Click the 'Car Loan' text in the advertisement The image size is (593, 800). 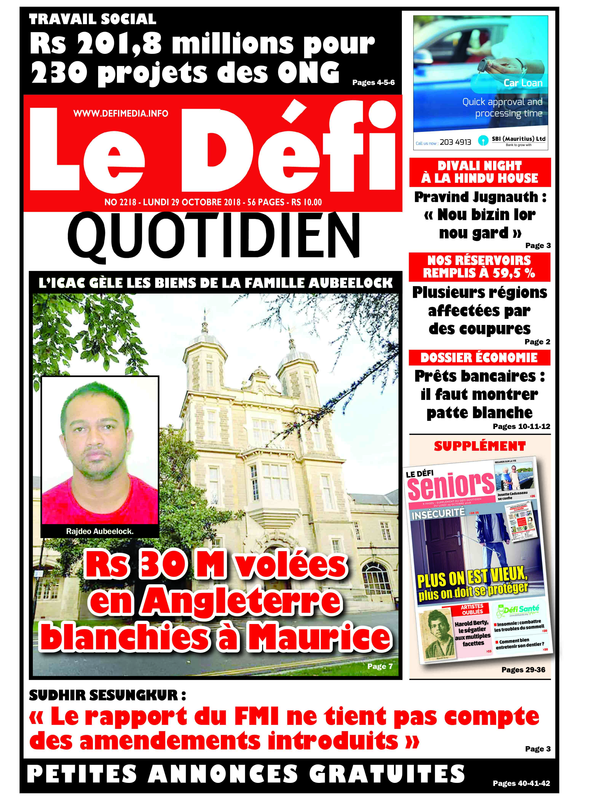pyautogui.click(x=523, y=83)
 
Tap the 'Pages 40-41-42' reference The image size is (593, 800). pyautogui.click(x=521, y=783)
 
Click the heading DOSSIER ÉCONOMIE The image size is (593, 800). pyautogui.click(x=479, y=358)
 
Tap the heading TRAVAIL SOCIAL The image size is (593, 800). pyautogui.click(x=93, y=19)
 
